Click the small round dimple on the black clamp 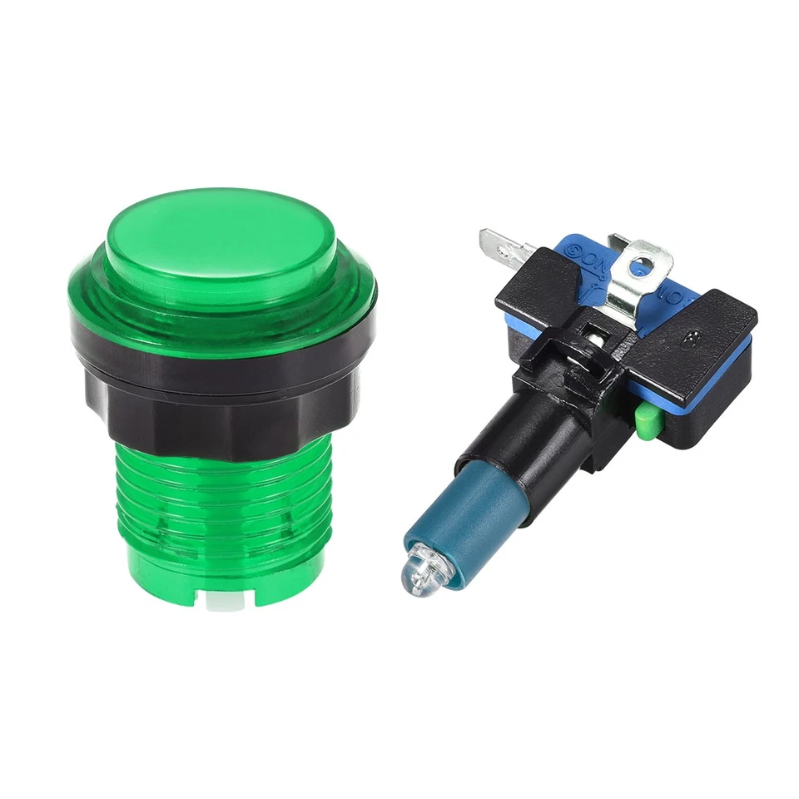coord(690,340)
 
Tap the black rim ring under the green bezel coord(221,350)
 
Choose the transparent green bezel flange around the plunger coord(221,308)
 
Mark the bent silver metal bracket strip coord(633,287)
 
